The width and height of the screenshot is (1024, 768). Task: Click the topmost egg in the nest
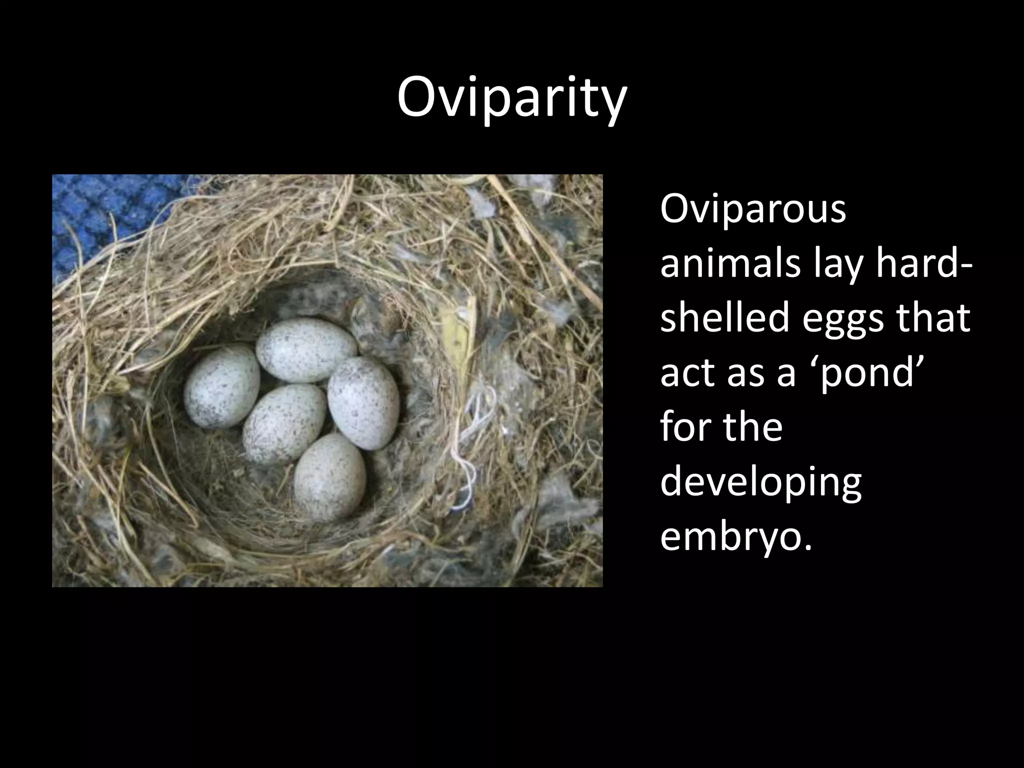tap(306, 349)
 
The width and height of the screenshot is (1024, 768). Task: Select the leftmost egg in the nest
tap(221, 386)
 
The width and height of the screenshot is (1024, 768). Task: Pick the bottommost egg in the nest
tap(329, 477)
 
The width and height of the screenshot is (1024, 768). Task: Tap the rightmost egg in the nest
tap(363, 402)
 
